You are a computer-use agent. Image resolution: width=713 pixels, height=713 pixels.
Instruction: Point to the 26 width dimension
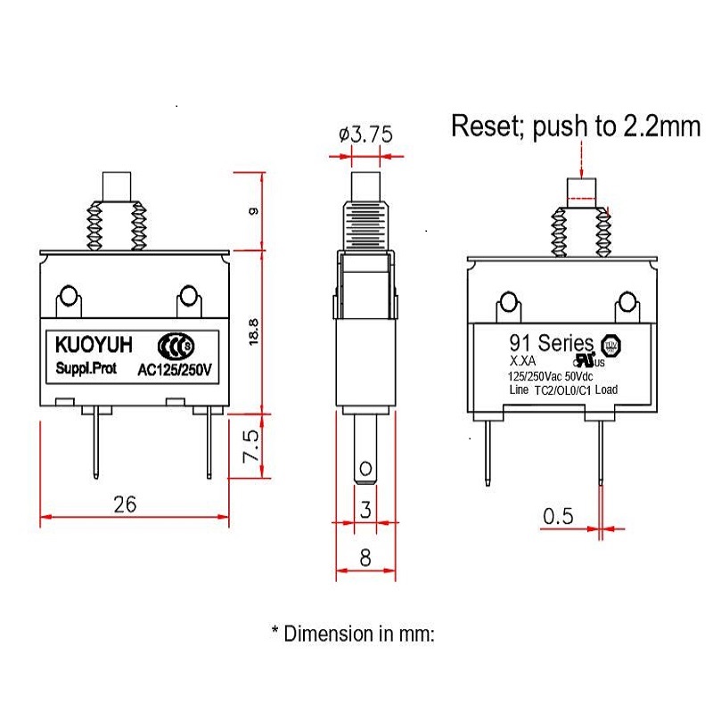pyautogui.click(x=124, y=504)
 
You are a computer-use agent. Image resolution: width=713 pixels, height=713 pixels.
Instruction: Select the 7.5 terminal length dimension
pyautogui.click(x=252, y=446)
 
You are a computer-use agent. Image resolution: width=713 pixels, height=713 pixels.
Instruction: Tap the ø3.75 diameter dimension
pyautogui.click(x=365, y=135)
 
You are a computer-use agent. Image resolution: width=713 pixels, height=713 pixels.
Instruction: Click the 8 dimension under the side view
pyautogui.click(x=365, y=559)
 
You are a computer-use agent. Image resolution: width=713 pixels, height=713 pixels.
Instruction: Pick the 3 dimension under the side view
pyautogui.click(x=365, y=509)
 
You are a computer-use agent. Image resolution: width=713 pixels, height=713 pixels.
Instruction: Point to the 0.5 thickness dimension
pyautogui.click(x=557, y=516)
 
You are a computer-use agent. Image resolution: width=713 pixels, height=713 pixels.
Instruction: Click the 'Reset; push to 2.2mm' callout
pyautogui.click(x=576, y=126)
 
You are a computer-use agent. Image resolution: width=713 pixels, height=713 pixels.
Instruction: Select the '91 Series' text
pyautogui.click(x=551, y=342)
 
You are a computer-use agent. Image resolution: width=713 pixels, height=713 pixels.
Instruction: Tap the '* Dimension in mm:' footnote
pyautogui.click(x=353, y=634)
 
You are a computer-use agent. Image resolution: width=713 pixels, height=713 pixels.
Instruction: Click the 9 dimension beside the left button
pyautogui.click(x=254, y=210)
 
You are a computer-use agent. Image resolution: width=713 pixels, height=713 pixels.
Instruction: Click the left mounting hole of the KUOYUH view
pyautogui.click(x=68, y=296)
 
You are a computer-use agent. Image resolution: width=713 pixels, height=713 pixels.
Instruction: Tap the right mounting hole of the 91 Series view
pyautogui.click(x=626, y=305)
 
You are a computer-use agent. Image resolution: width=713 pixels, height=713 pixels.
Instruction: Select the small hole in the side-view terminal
pyautogui.click(x=365, y=468)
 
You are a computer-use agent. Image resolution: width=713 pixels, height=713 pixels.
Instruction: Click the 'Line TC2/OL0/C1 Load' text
pyautogui.click(x=562, y=389)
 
